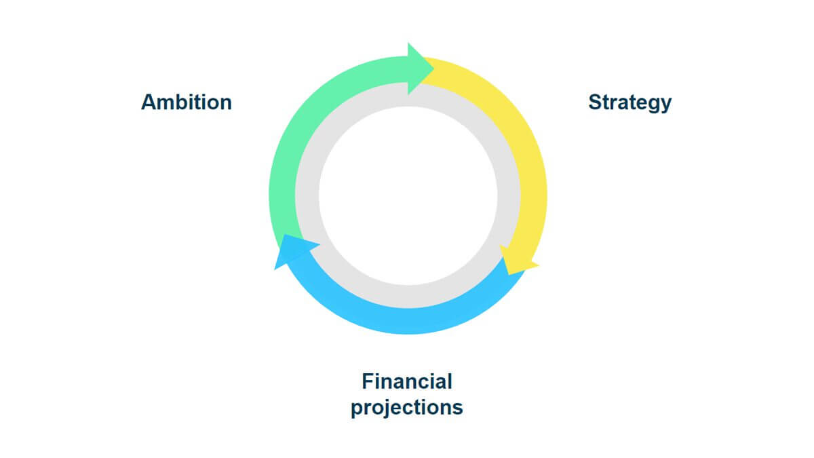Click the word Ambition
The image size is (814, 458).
[x=187, y=102]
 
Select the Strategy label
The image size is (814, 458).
[x=629, y=103]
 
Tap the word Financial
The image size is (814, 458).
[x=407, y=381]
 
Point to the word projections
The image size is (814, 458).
[x=407, y=408]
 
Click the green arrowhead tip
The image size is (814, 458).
[x=434, y=68]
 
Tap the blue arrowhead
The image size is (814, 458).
[x=295, y=251]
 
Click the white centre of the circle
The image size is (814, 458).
[x=408, y=195]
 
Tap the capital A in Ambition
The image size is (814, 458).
[x=149, y=102]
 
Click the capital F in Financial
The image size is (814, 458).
[x=368, y=381]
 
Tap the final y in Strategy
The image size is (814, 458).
[x=666, y=105]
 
